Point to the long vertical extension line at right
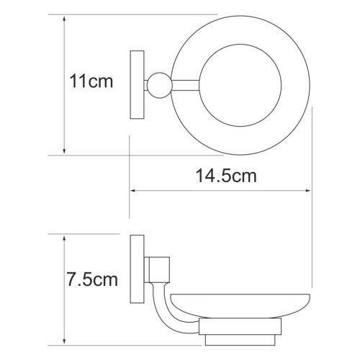tap(312, 216)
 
